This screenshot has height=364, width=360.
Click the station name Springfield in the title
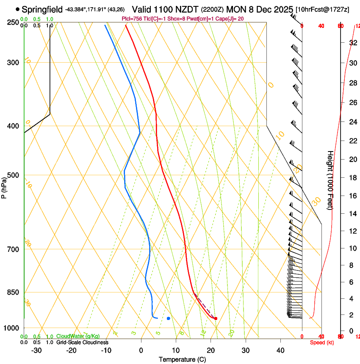pos(42,9)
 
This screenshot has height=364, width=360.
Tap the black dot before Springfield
pos(17,9)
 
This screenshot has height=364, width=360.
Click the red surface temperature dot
pos(216,318)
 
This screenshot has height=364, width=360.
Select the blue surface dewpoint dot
pos(169,318)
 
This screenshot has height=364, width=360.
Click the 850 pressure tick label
pos(13,292)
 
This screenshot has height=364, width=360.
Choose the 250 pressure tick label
pos(13,22)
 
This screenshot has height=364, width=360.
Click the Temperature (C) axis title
pos(182,359)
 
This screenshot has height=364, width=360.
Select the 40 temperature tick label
pos(280,350)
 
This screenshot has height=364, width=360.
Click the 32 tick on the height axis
pos(352,43)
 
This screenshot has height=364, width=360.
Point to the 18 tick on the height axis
pos(352,178)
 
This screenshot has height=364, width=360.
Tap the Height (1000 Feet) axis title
pos(330,180)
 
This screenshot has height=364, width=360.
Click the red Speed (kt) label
pos(321,342)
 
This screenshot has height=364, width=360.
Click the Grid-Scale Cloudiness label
pos(82,342)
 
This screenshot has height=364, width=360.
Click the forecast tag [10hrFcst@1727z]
pos(322,9)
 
